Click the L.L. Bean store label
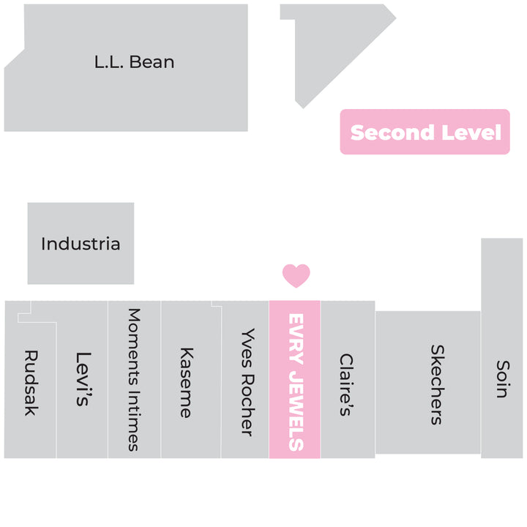point(135,62)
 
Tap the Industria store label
point(81,244)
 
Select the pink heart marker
point(296,276)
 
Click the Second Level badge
point(425,132)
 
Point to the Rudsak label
point(31,383)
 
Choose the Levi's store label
point(83,379)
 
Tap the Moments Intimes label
point(134,380)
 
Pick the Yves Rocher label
point(248,383)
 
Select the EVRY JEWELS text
point(296,382)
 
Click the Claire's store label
point(346,385)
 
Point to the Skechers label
point(438,385)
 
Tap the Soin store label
point(503,379)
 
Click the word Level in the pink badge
point(471,132)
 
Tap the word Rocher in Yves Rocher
point(248,405)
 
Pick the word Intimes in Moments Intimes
point(134,421)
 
